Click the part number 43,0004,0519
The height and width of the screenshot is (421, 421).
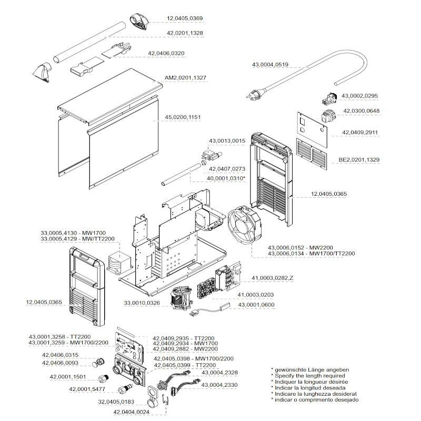[x=270, y=64]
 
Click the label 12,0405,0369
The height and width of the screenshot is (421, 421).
[x=185, y=18]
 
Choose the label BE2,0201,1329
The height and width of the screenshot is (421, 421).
[x=359, y=159]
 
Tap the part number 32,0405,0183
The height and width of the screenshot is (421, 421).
[x=116, y=402]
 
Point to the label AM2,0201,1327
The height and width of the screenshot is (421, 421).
[x=185, y=77]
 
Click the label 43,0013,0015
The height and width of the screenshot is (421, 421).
[x=227, y=141]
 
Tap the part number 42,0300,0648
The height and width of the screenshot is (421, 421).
[x=361, y=111]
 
